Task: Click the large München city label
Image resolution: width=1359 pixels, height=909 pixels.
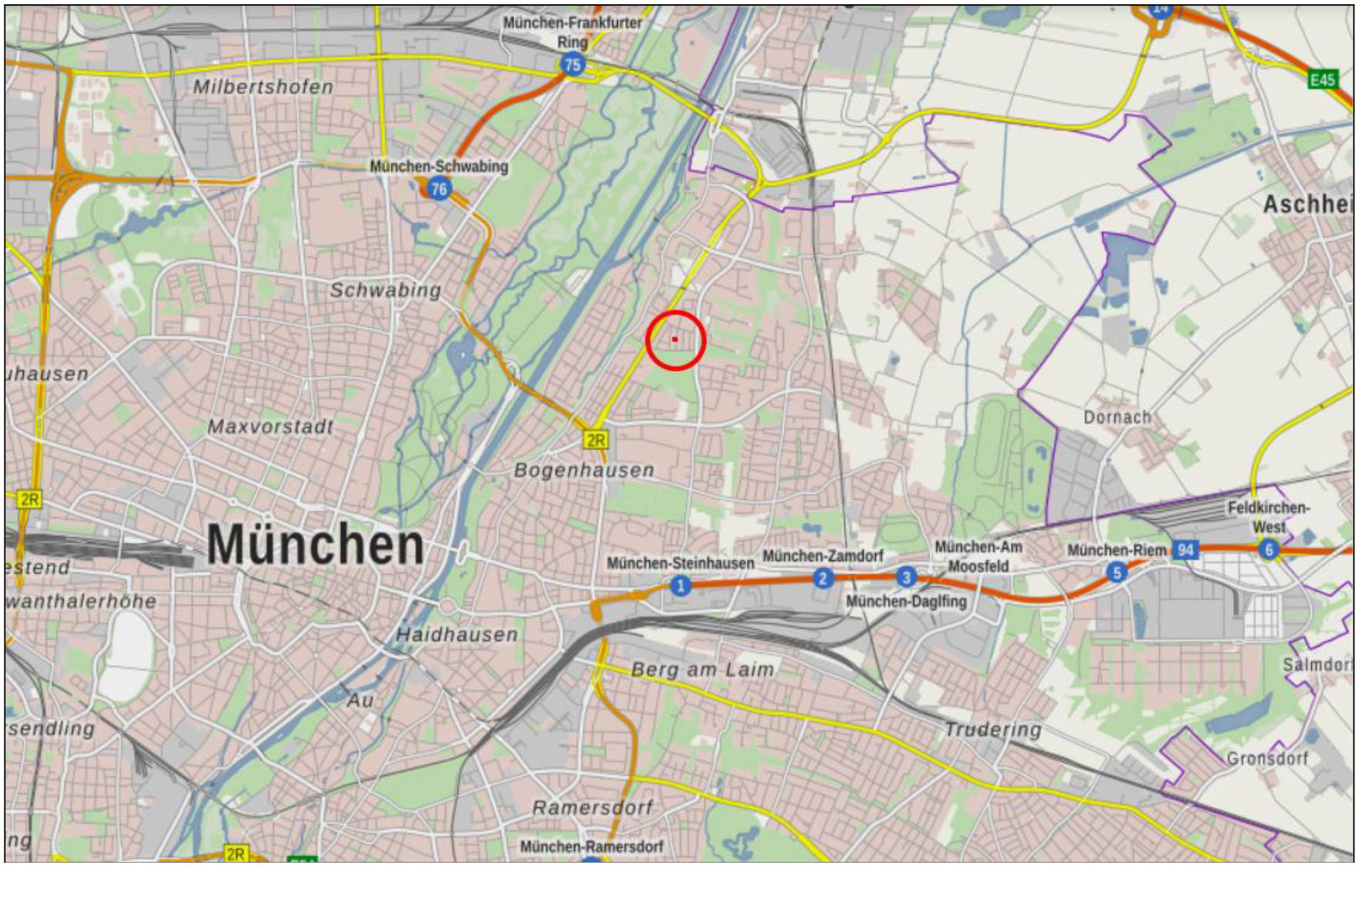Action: [x=315, y=545]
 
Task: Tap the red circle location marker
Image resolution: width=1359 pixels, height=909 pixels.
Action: [x=675, y=340]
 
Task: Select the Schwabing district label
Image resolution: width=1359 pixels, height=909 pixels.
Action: [x=385, y=291]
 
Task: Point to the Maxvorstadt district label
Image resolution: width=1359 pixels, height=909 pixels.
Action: [x=271, y=427]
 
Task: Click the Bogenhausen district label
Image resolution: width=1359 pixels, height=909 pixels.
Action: [x=584, y=470]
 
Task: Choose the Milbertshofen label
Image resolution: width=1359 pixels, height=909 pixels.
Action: [x=263, y=87]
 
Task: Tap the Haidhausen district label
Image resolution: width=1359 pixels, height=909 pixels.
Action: [x=456, y=635]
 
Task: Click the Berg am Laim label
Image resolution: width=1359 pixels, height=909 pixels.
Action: [x=703, y=670]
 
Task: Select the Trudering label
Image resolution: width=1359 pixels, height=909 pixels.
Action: [x=992, y=729]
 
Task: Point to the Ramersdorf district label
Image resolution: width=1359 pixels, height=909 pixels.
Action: [x=592, y=808]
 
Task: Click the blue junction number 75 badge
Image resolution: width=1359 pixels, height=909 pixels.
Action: [x=572, y=65]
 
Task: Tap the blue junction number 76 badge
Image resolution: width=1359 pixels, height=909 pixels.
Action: [x=439, y=189]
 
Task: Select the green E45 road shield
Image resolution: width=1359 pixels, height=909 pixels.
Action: [x=1322, y=79]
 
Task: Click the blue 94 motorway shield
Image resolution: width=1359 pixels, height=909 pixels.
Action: [x=1185, y=549]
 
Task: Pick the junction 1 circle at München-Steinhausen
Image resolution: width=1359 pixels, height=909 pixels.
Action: [x=681, y=586]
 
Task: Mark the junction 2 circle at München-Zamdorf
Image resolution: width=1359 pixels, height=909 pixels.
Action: [x=823, y=578]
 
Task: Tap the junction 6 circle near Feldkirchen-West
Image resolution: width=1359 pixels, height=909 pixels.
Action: [x=1269, y=549]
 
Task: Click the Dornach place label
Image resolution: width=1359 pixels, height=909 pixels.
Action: [x=1117, y=417]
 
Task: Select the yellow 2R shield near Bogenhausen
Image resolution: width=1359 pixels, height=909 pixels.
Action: [x=596, y=440]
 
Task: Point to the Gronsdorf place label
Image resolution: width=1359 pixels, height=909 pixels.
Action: [x=1267, y=758]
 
